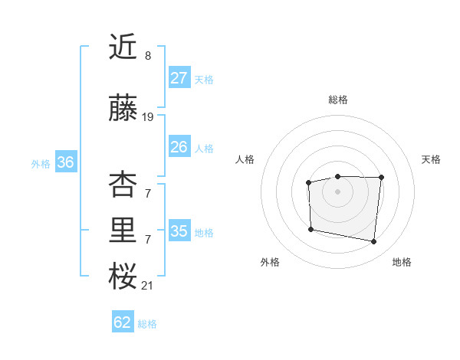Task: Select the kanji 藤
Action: (123, 109)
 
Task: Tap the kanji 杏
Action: (123, 185)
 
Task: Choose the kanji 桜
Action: (123, 277)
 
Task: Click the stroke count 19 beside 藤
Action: (148, 117)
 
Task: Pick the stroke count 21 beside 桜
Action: (147, 286)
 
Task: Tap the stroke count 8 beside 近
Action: (147, 56)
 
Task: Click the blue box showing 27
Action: (179, 78)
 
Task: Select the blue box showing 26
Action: (179, 147)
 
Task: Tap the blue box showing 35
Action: (179, 231)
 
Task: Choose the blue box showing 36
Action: (65, 162)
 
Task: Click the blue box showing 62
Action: (122, 322)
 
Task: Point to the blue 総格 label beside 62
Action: (148, 324)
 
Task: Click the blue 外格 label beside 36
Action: (41, 164)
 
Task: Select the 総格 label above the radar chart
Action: (338, 100)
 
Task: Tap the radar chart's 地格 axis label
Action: (402, 262)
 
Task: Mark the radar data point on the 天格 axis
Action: (381, 178)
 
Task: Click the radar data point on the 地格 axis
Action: (373, 242)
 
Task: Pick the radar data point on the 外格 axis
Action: (310, 229)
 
